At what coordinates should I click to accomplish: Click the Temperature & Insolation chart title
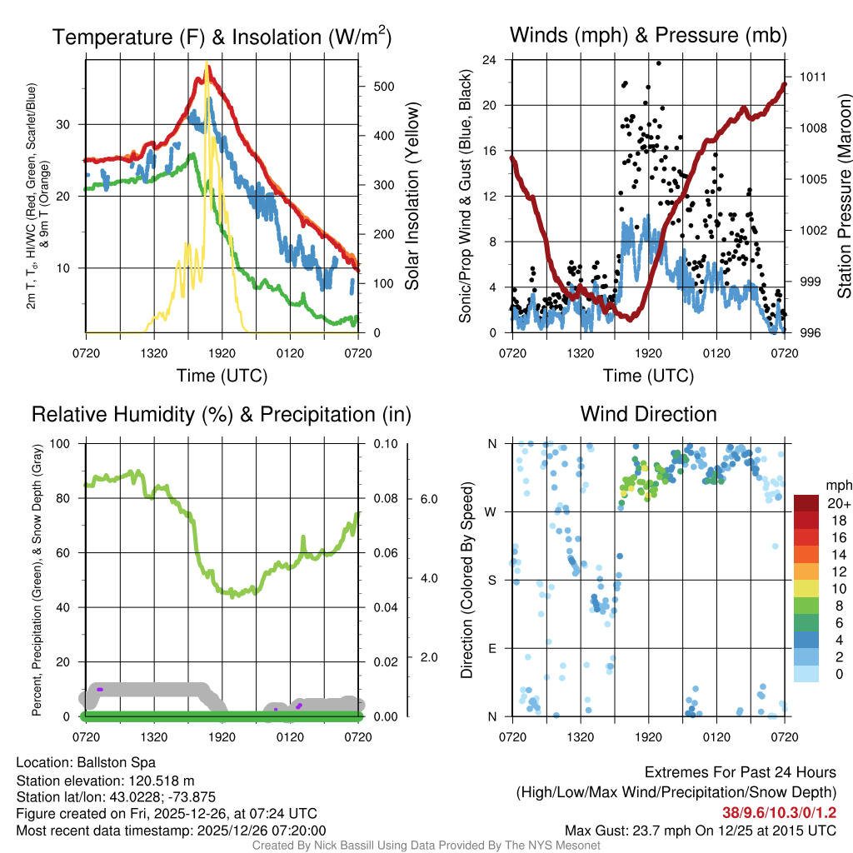222,37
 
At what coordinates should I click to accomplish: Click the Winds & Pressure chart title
648,35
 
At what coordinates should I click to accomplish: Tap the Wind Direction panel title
648,414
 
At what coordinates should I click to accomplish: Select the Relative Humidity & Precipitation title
222,414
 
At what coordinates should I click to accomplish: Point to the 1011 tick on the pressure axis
812,77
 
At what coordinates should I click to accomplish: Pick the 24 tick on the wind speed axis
490,60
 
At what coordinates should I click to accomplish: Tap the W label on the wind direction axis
492,511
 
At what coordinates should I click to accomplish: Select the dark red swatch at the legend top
807,503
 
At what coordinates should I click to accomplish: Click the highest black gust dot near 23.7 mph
658,63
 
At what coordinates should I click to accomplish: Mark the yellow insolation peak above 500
206,65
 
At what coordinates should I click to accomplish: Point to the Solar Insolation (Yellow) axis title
412,197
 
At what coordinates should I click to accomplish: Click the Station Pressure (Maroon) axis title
842,197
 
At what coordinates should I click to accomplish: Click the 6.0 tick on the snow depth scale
428,499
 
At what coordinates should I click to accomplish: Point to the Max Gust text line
700,830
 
